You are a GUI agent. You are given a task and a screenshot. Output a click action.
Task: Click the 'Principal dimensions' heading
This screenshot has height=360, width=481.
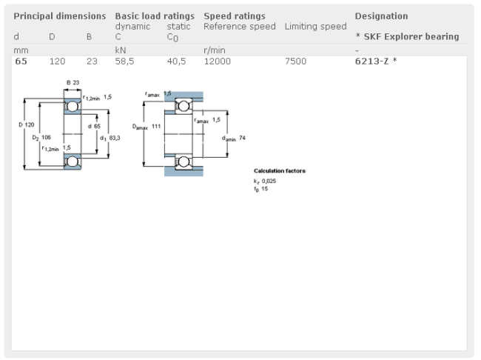60,16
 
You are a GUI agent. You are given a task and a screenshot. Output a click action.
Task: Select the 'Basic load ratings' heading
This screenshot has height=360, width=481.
155,16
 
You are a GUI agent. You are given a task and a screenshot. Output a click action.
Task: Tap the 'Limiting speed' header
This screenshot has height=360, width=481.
315,27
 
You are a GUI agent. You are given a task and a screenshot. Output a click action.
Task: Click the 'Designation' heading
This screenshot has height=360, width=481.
381,16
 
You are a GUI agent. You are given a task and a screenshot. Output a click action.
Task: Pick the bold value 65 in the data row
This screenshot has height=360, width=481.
21,61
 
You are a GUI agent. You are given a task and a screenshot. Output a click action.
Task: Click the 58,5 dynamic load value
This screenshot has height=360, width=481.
124,61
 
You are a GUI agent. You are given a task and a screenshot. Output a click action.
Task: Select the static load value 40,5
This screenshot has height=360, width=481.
176,61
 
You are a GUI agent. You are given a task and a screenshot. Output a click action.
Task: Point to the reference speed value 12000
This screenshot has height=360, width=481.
218,61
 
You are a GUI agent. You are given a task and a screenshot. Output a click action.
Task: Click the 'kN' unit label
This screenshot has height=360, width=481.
121,50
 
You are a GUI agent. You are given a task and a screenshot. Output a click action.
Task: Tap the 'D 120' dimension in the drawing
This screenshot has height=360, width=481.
26,124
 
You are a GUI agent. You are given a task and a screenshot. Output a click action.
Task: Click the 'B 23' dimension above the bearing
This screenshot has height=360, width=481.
73,82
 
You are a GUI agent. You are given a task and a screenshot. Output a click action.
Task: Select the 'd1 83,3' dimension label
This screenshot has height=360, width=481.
109,137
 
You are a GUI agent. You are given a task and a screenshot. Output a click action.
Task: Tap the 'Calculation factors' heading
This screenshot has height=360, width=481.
280,171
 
